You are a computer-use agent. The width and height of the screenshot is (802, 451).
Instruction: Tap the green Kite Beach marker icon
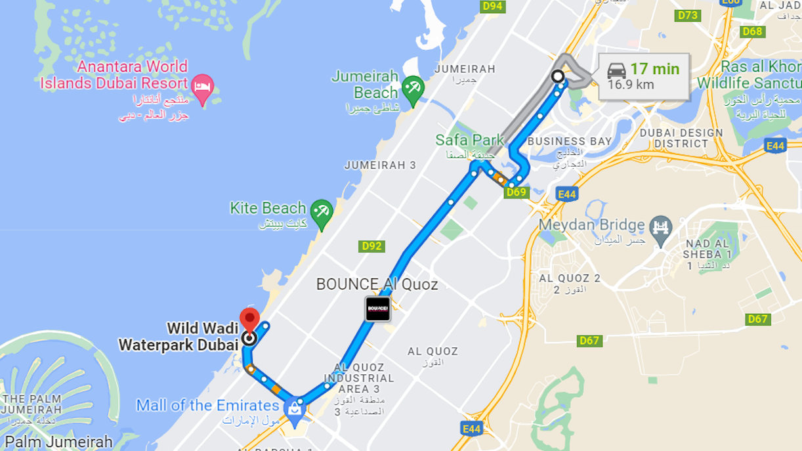tap(322, 212)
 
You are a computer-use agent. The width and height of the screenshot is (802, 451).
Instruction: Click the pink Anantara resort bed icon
tap(203, 87)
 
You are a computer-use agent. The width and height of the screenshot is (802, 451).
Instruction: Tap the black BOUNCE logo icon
tap(378, 309)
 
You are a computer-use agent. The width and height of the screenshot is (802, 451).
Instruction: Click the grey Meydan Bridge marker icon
tap(660, 226)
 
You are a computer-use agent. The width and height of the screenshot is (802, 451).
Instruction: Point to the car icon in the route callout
tap(616, 70)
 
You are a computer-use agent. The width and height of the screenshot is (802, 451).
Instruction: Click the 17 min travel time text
tap(654, 68)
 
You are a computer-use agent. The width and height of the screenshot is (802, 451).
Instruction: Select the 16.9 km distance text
tap(631, 85)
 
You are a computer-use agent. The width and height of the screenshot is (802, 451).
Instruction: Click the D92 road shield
tap(371, 246)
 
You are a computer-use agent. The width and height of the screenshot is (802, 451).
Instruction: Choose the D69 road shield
tap(517, 192)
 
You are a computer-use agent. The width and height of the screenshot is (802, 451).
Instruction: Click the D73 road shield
tap(688, 14)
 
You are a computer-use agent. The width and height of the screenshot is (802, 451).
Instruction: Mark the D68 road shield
tap(753, 32)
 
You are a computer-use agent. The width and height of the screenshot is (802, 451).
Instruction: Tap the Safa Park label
tap(470, 140)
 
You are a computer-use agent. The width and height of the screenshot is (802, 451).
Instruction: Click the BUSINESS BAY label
tap(569, 141)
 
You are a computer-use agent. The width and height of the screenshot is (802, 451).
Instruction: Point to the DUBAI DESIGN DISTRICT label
tap(681, 137)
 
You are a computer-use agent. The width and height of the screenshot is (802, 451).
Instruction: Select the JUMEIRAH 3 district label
tap(380, 165)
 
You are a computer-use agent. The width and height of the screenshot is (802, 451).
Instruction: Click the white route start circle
tap(558, 77)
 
